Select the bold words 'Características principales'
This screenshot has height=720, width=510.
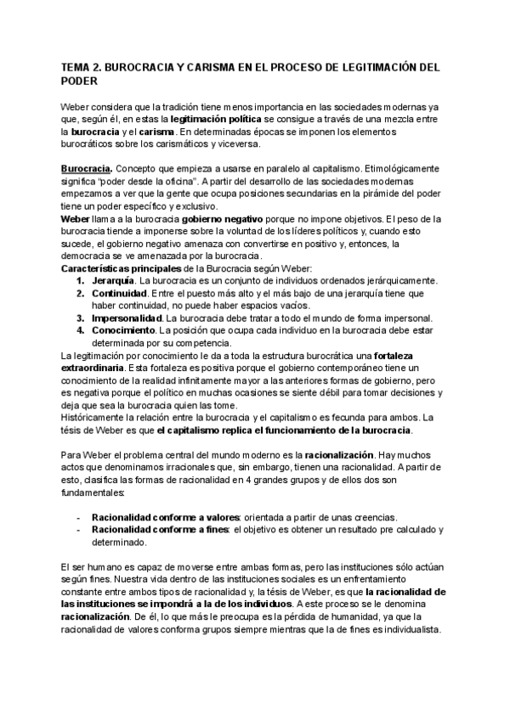pyautogui.click(x=116, y=269)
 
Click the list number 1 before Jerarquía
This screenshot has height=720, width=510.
pyautogui.click(x=79, y=281)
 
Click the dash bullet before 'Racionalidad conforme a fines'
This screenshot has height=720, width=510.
pyautogui.click(x=79, y=531)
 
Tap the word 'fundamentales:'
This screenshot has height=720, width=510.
pyautogui.click(x=93, y=493)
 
